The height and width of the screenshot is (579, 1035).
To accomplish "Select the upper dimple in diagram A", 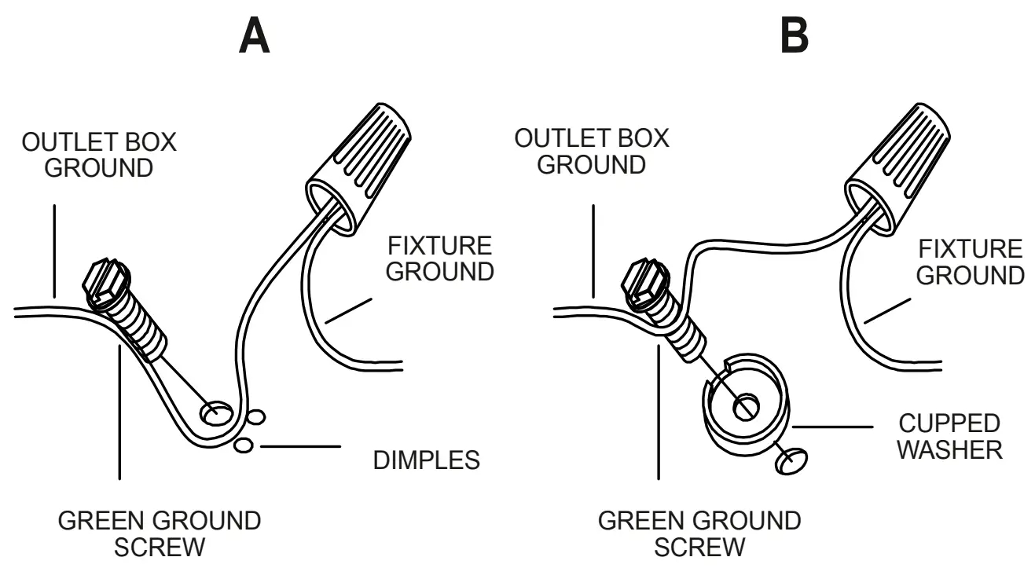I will point(255,416).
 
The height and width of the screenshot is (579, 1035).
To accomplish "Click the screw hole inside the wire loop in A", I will point(216,411).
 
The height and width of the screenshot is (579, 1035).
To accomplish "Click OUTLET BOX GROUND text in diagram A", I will point(98,156).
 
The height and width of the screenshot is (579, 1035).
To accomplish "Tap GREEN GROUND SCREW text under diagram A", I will point(160,533).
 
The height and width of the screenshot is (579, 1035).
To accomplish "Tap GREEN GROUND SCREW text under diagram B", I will point(699,533).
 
